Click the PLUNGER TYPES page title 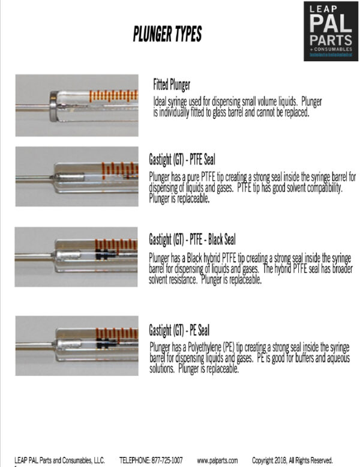pyautogui.click(x=167, y=34)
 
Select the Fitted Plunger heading pyautogui.click(x=172, y=85)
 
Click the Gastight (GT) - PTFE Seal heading pyautogui.click(x=182, y=160)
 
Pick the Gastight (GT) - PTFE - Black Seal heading pyautogui.click(x=191, y=241)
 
